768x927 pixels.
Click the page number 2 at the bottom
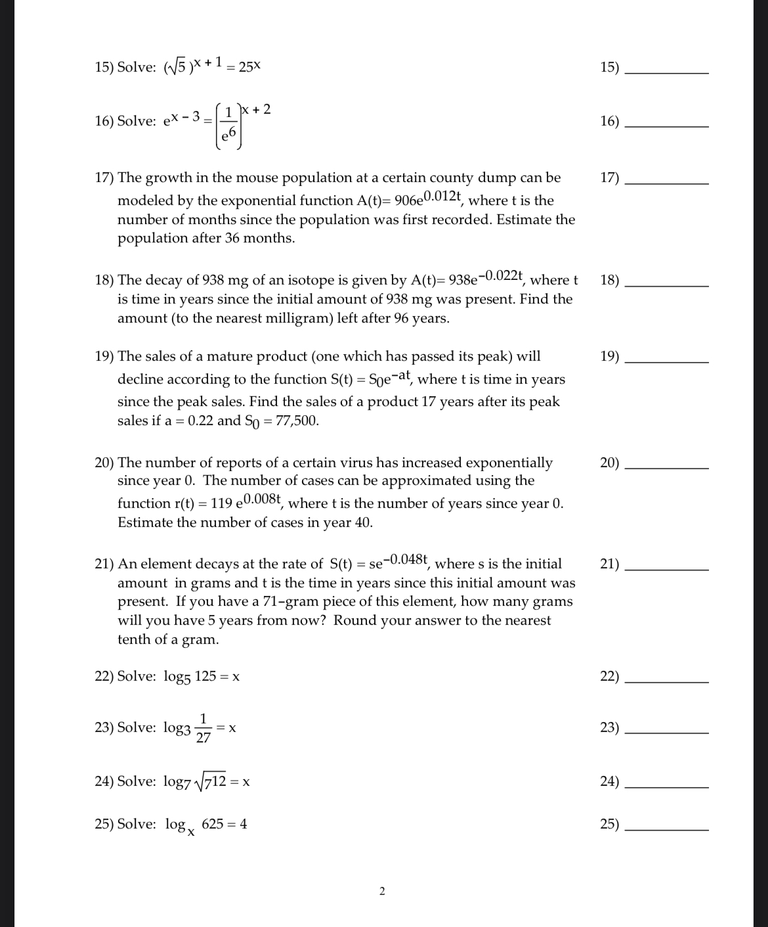(x=383, y=892)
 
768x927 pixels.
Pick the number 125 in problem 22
(x=205, y=677)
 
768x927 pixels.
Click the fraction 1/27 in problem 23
(x=203, y=727)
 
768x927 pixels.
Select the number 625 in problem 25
(x=213, y=824)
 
